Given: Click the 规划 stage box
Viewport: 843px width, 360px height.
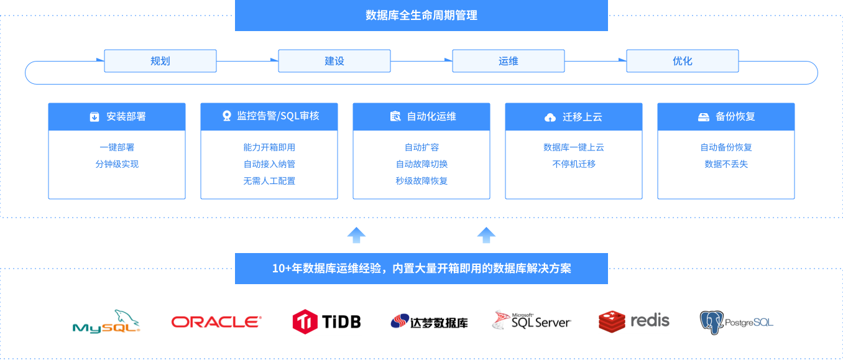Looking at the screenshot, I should [160, 61].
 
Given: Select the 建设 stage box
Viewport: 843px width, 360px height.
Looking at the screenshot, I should [334, 61].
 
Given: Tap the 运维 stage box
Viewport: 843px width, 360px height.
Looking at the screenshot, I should [508, 61].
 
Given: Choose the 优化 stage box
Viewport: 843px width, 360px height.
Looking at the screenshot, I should [682, 61].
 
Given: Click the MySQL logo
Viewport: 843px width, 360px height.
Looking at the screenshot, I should [106, 321].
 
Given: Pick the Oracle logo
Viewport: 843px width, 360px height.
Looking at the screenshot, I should [216, 321].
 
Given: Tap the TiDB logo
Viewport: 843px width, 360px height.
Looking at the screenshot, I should [326, 321].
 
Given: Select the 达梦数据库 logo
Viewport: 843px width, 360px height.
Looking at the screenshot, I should [429, 321].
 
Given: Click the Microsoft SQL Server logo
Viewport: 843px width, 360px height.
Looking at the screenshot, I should [532, 321].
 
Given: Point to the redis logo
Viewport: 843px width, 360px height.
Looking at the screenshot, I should [634, 321].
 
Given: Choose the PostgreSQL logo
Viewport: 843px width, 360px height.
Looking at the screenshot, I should [737, 321].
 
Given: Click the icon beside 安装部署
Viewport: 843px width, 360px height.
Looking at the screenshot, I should [94, 117].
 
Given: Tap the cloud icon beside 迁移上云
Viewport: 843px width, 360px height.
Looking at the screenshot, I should [550, 117].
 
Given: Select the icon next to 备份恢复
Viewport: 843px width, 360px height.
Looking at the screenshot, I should [703, 117].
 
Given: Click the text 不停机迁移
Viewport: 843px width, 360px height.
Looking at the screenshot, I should [574, 164].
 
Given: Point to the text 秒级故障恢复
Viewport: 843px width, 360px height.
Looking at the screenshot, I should [421, 181].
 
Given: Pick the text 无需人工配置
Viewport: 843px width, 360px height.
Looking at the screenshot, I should [269, 181].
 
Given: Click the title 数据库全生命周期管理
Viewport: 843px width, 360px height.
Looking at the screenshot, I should [421, 15].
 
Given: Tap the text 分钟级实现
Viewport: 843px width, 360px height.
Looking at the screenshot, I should [117, 164].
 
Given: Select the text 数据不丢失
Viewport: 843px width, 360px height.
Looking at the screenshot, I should [726, 164].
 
